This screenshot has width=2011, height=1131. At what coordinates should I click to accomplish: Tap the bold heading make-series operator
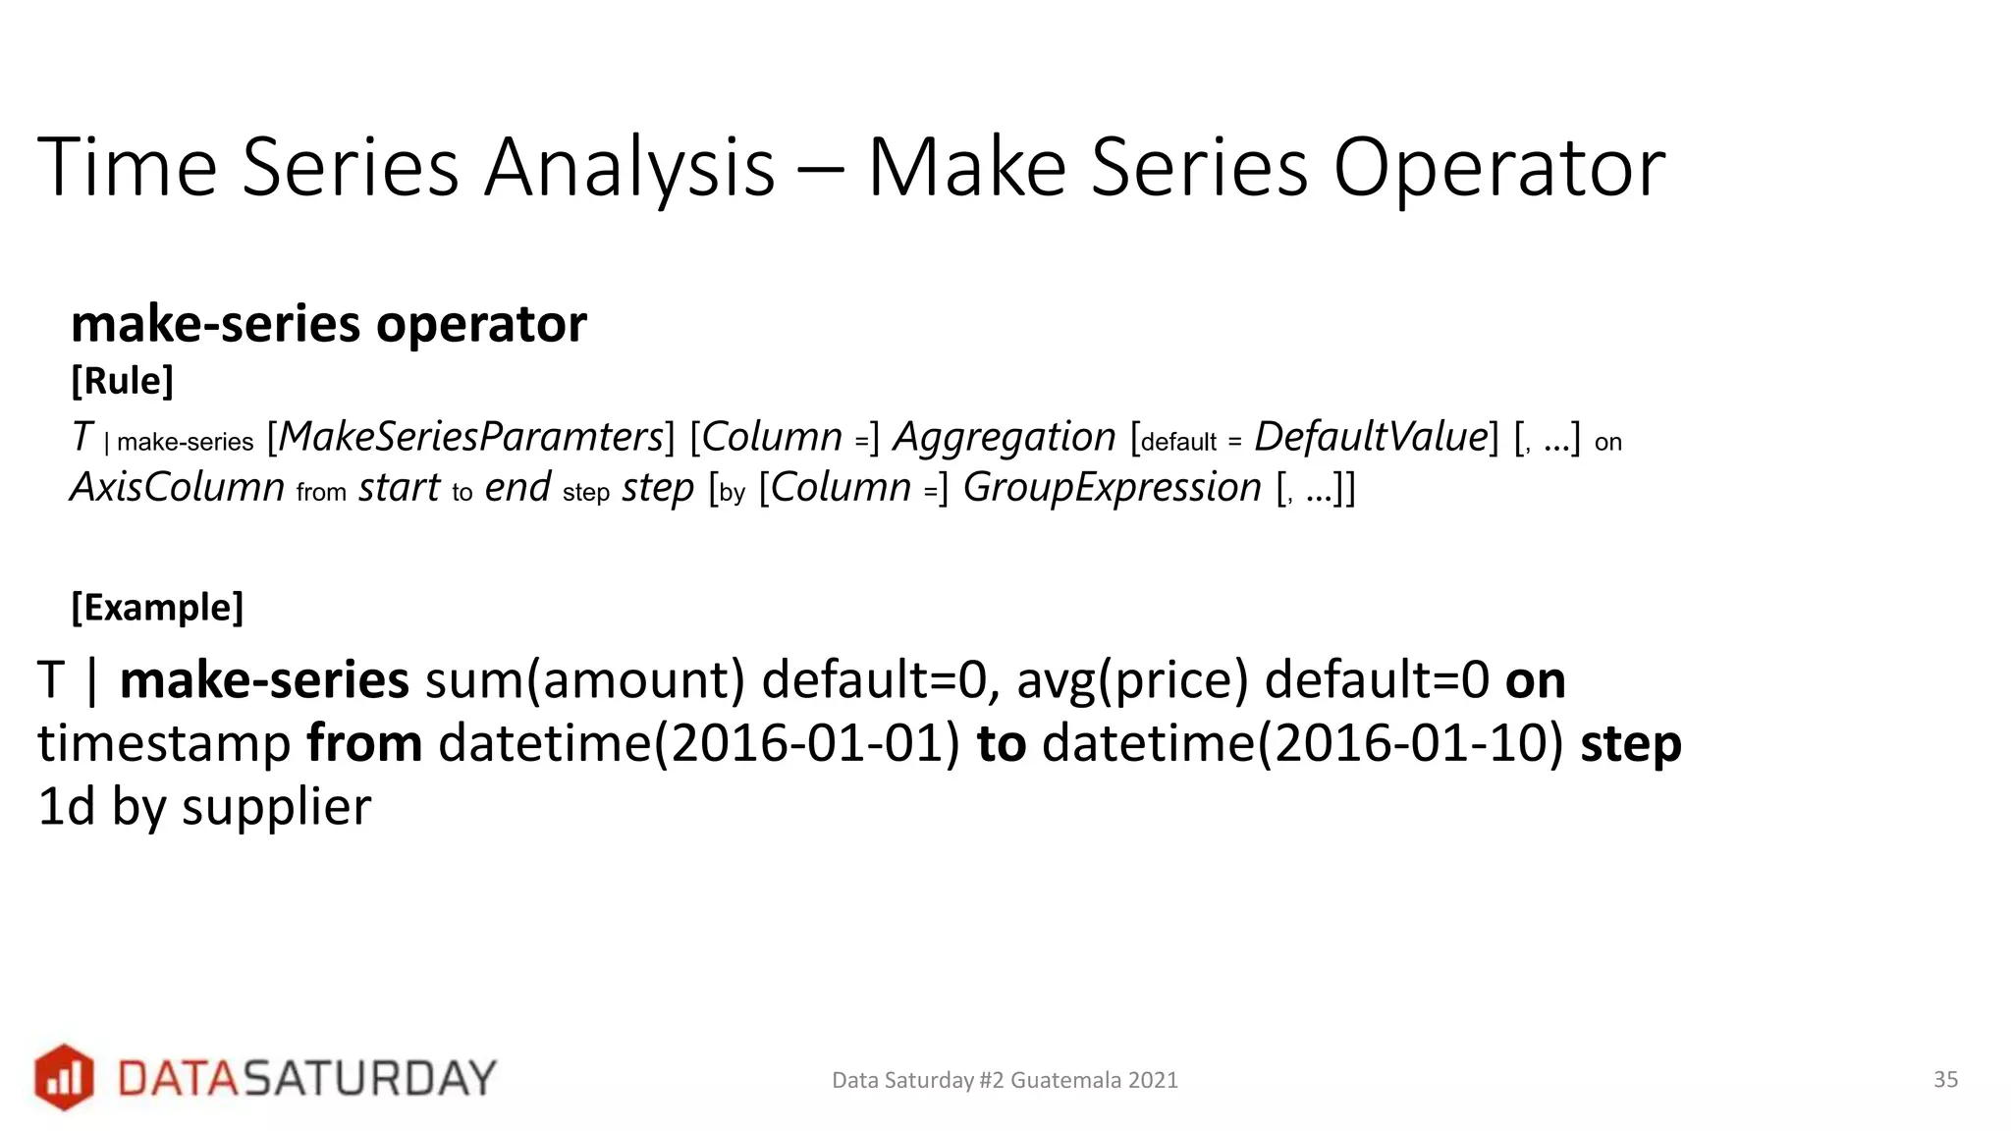(x=329, y=324)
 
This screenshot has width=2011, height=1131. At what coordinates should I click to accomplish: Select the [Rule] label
(x=122, y=381)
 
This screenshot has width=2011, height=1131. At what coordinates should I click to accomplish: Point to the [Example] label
(x=157, y=608)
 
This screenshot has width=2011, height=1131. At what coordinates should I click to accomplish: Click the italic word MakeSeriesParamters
(x=471, y=438)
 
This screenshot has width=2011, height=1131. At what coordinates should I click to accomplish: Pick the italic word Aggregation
(x=1004, y=438)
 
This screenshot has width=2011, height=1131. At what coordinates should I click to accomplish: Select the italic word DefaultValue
(x=1371, y=438)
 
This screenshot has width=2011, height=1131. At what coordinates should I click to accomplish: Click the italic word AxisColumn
(x=178, y=488)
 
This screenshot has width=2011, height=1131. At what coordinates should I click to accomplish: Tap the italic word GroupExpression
(x=1112, y=488)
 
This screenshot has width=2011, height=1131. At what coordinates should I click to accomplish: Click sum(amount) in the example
(x=585, y=680)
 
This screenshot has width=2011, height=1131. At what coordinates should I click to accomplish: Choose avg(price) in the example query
(x=1132, y=680)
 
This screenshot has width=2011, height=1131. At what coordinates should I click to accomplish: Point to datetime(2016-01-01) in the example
(x=698, y=743)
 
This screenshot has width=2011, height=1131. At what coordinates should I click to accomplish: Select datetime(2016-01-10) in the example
(x=1302, y=743)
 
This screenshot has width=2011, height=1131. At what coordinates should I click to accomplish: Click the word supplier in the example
(x=276, y=807)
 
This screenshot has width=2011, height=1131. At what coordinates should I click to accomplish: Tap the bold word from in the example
(x=364, y=743)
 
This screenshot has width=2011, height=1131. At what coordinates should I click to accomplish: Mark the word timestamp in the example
(x=164, y=743)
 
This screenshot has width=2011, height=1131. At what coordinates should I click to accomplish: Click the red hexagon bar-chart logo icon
(x=64, y=1077)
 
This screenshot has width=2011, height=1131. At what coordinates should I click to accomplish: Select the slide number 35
(x=1945, y=1080)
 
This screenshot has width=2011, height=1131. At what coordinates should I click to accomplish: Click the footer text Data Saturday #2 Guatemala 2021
(x=1005, y=1081)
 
